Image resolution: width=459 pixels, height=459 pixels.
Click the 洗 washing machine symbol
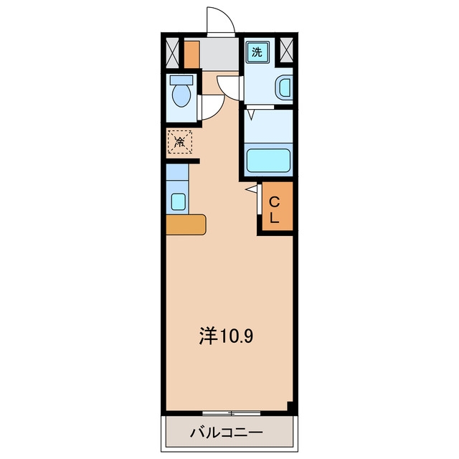coord(257,52)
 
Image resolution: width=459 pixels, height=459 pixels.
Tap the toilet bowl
coord(181,95)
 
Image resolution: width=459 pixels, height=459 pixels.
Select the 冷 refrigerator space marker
coord(180,142)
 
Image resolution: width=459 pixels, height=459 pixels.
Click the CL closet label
coord(274,209)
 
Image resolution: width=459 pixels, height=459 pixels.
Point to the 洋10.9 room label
coord(226,336)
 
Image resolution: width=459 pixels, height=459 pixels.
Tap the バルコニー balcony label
coord(227,432)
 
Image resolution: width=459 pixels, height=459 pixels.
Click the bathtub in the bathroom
coord(268,161)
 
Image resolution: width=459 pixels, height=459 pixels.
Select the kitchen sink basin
coord(178,202)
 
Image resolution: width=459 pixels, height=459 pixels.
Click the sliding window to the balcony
coord(231,413)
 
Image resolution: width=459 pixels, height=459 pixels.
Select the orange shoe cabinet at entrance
coord(191,55)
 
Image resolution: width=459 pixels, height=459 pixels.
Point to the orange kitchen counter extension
coord(186,224)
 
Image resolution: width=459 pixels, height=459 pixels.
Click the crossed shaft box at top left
coord(172,52)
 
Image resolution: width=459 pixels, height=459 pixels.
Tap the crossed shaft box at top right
coord(286,49)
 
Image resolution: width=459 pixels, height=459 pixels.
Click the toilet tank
coord(181,80)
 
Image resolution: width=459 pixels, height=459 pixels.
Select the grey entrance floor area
coord(219,55)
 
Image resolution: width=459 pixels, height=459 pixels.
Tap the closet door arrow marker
coord(252,189)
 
